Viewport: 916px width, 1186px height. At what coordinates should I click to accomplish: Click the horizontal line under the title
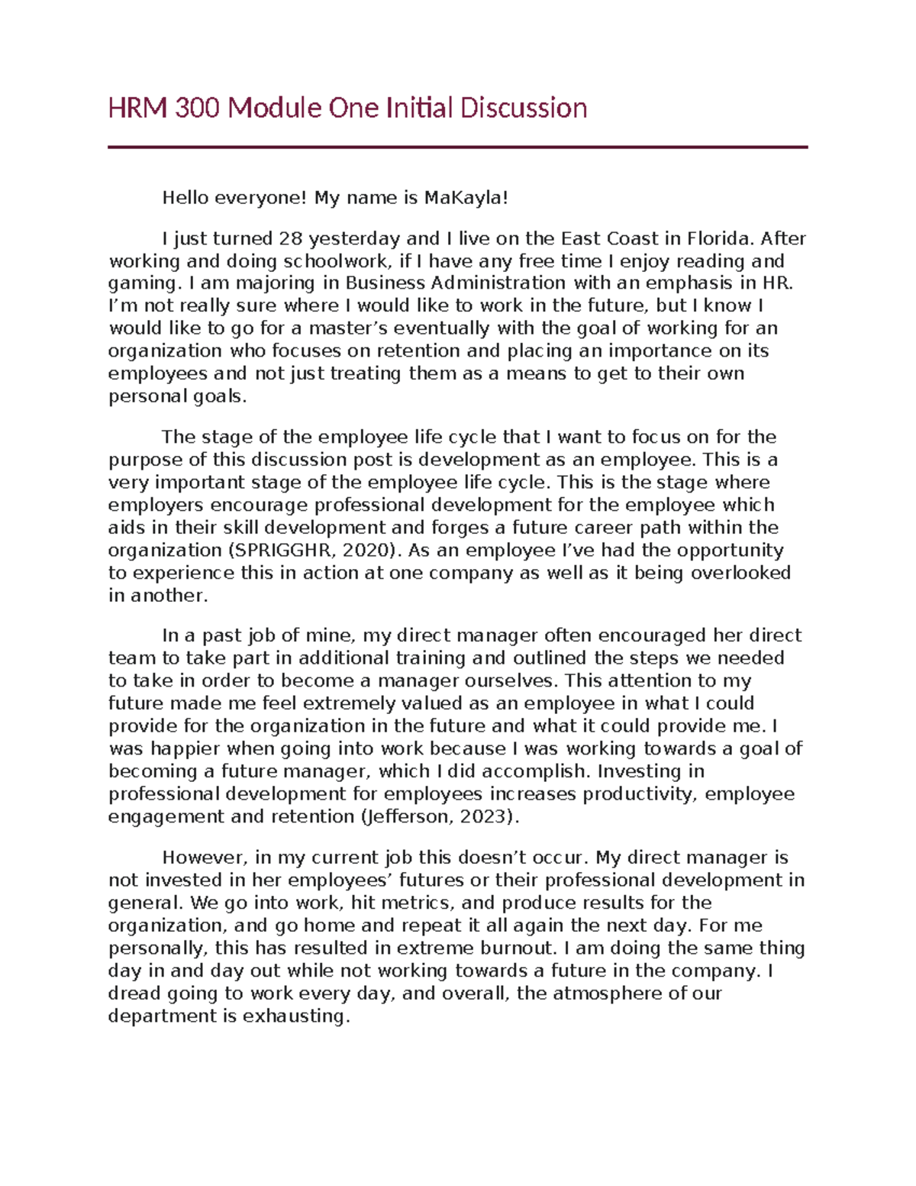tap(457, 147)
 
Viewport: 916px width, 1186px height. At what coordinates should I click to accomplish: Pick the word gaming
tap(143, 284)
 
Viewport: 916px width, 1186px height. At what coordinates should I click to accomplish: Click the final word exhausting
tap(295, 1016)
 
